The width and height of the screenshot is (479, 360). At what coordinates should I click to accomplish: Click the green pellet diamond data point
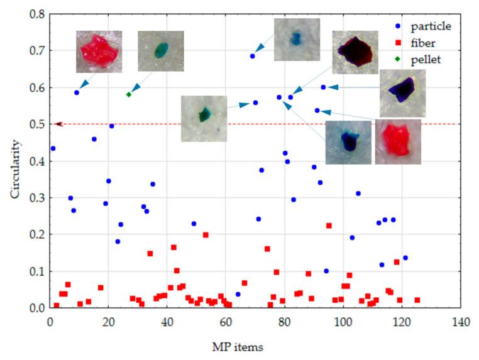(128, 94)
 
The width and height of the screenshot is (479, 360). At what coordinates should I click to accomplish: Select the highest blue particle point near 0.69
(253, 56)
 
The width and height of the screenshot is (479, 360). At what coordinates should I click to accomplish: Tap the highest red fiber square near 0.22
(329, 226)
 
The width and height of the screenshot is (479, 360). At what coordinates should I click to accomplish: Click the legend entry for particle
(431, 26)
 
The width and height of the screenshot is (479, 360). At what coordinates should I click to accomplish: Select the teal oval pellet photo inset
(161, 50)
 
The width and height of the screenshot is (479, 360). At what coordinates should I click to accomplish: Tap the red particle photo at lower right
(398, 142)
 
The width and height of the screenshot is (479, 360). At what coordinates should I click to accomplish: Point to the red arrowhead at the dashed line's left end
(58, 124)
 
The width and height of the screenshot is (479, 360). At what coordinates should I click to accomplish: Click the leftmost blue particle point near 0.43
(53, 148)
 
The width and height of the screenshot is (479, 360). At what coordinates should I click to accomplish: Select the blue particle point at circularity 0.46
(94, 139)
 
